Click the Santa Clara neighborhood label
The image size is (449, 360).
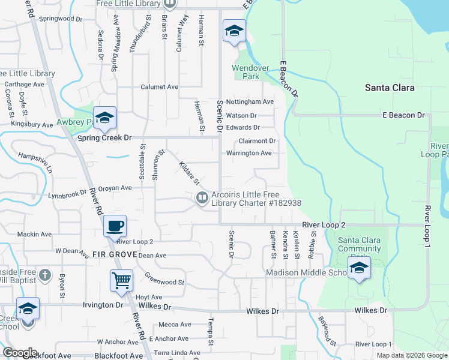pos(390,88)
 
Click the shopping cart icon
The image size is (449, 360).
pos(121,280)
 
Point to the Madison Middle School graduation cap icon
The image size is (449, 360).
pos(359,268)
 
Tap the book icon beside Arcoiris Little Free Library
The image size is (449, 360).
pos(202,197)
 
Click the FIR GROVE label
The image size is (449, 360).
pos(111,254)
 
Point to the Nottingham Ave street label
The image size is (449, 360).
pos(250,102)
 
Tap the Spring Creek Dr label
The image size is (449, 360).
pos(104,137)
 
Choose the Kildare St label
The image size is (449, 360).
pos(188,173)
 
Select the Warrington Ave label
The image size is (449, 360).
pos(249,153)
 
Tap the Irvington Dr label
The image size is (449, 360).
pos(103,305)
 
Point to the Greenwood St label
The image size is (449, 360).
pos(164,279)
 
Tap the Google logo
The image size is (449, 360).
pos(20,353)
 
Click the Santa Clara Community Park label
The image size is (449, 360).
pos(360,245)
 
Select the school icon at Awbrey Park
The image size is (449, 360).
pos(104,118)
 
